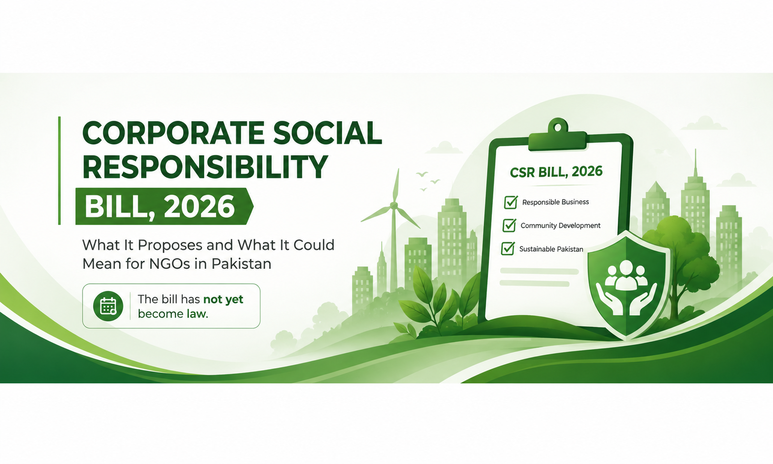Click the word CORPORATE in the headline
click(x=174, y=133)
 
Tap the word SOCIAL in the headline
click(x=327, y=133)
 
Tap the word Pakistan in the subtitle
click(x=241, y=264)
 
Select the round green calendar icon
click(x=108, y=306)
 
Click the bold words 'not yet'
click(x=223, y=299)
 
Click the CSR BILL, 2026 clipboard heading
click(x=556, y=172)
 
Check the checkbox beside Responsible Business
click(x=511, y=202)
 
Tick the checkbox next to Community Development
click(x=509, y=225)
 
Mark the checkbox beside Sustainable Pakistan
click(x=508, y=248)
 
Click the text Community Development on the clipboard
click(x=560, y=226)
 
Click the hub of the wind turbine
click(x=394, y=206)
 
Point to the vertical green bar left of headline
click(x=60, y=171)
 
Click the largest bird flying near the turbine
click(x=422, y=174)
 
